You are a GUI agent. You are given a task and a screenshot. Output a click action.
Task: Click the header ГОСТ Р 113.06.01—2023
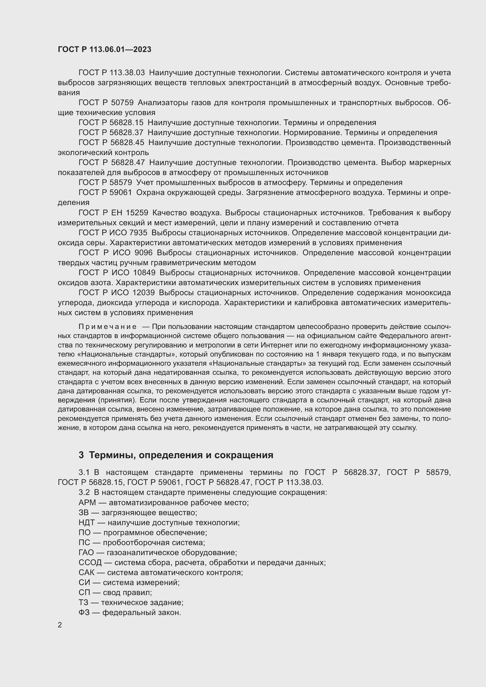pos(104,50)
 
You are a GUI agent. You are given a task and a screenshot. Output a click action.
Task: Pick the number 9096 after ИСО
pos(144,253)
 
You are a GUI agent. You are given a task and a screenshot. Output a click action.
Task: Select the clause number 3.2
pos(84,492)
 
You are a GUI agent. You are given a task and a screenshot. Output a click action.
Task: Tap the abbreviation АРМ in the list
pos(87,502)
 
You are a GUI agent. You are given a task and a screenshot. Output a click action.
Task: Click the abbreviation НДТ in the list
pos(86,523)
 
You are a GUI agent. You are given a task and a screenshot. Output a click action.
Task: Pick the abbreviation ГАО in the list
pos(86,552)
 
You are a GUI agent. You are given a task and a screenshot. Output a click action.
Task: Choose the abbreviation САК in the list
pos(86,572)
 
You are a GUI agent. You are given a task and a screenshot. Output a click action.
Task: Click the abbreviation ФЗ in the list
pos(84,612)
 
